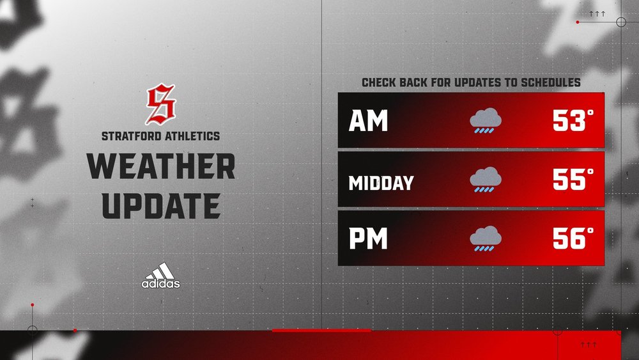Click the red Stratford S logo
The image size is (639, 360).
pyautogui.click(x=160, y=106)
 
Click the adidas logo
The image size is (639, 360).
pyautogui.click(x=161, y=276)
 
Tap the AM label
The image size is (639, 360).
pyautogui.click(x=368, y=121)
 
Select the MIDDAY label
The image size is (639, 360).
pyautogui.click(x=381, y=184)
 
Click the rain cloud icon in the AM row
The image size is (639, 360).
pyautogui.click(x=486, y=121)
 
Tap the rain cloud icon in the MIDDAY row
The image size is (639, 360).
pyautogui.click(x=486, y=180)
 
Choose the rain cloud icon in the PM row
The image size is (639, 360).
pyautogui.click(x=486, y=239)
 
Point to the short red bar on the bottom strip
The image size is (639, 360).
pyautogui.click(x=321, y=331)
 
